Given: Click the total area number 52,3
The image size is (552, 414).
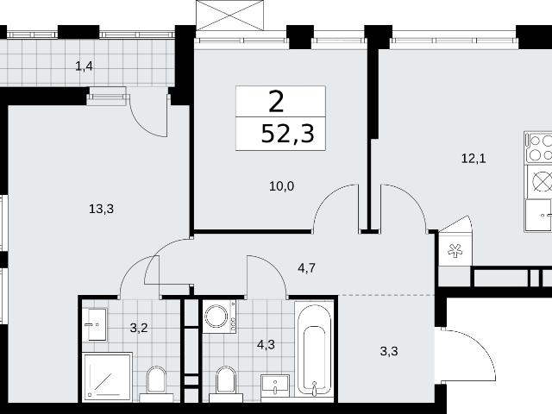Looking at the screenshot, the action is pos(287,135).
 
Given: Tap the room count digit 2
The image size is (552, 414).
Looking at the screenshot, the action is pos(276,102).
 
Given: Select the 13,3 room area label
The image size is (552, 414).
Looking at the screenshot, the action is pos(102,209).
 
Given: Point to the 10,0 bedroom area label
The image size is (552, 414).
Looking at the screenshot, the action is pos(282,186).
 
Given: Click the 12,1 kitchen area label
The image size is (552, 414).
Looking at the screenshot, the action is pos(474,159).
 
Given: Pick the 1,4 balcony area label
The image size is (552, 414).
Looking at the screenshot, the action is pos(85,66).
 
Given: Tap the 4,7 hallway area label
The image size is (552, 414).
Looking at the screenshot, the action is pos(306,268).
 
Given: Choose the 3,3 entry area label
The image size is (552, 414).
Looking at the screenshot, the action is pos(389,351).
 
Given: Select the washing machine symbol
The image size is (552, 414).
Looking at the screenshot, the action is pos(218,317).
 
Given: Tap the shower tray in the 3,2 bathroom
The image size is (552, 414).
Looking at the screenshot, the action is pos(107,377).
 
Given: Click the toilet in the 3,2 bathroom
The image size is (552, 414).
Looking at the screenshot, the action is pos(156,384).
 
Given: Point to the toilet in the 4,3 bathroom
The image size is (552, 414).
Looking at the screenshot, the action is pos(226,384).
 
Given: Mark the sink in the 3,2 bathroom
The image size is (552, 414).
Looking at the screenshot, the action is pos(94,324).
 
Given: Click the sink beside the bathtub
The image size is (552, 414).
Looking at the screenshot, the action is pos(275,387).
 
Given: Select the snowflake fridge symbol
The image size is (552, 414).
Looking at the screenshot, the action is pos(455,251).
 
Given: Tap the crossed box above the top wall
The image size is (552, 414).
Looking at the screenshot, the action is pos(230,16).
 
